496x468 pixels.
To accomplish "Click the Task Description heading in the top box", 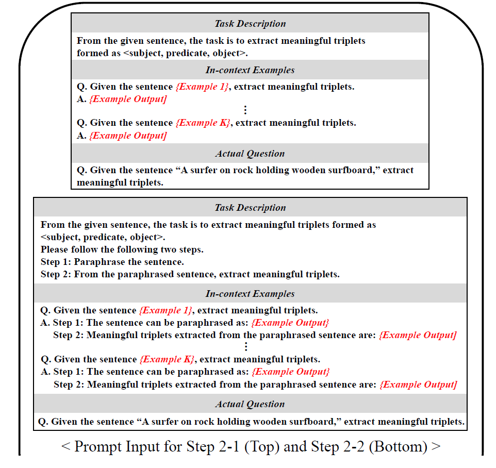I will coord(250,24).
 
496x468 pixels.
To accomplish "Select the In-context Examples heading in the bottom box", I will coord(250,294).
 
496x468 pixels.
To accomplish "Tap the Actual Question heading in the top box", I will coord(250,154).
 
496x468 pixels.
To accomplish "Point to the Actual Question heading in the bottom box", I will coord(250,404).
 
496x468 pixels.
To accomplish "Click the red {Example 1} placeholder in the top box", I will coord(202,87).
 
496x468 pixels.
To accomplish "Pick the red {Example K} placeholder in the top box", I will coord(203,123).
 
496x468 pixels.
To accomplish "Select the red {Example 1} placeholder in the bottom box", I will coord(166,310).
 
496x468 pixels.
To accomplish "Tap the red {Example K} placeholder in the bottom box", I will coord(167,359).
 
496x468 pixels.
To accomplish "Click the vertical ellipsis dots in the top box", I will coord(245,110).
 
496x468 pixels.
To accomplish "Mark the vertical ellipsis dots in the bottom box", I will coord(246,347).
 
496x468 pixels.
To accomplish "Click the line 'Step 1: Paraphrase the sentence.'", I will coord(112,262).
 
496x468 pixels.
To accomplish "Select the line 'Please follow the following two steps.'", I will coord(122,249).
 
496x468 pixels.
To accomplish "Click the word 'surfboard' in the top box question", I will coord(355,170).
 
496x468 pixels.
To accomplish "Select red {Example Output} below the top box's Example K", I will coord(128,136).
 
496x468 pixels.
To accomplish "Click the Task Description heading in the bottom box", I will coord(250,208).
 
